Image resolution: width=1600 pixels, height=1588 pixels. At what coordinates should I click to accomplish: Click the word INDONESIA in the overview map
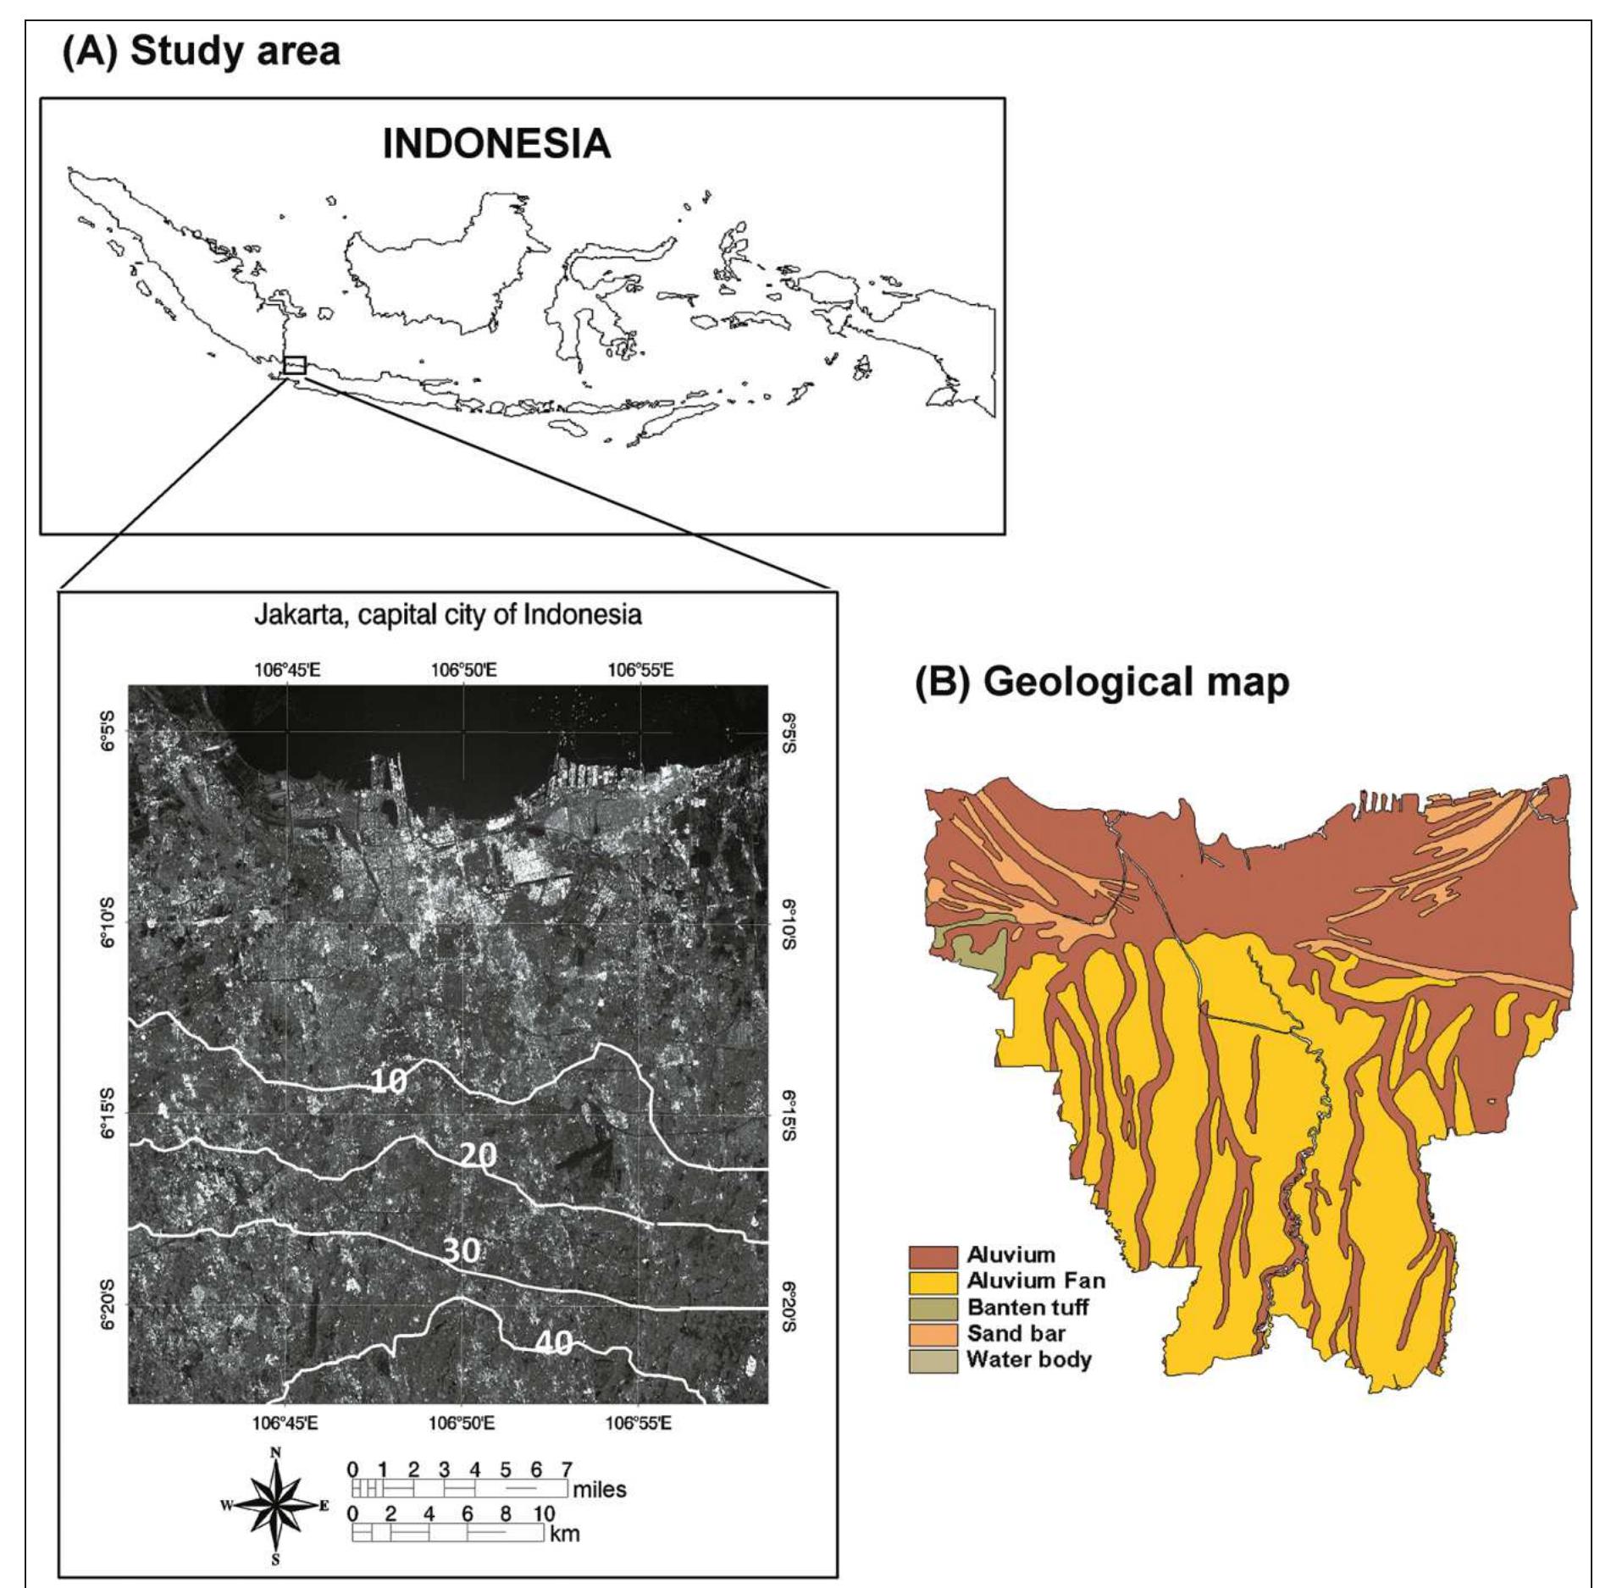pos(496,146)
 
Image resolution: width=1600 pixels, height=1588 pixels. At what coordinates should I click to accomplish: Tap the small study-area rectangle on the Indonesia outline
pos(295,365)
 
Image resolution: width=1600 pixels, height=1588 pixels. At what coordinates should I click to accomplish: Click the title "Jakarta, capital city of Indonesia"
pos(448,616)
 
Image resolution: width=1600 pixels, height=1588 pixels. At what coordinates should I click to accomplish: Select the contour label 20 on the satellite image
pos(479,1155)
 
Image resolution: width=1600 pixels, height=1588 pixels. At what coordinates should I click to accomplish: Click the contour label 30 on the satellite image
pos(462,1253)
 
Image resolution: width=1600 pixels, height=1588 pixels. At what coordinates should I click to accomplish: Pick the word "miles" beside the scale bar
pos(599,1489)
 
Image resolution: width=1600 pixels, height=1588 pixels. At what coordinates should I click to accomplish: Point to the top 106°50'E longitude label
pos(462,671)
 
